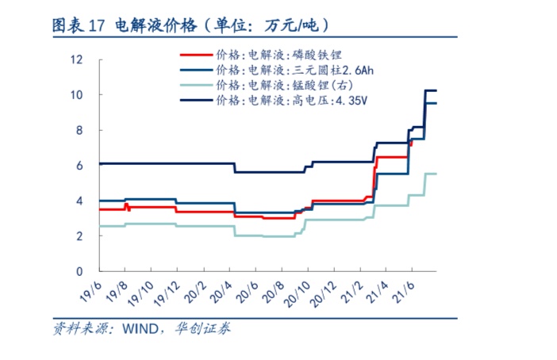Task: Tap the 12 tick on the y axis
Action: tap(77, 59)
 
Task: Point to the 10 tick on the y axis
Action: tap(77, 95)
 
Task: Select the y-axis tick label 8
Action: tap(80, 130)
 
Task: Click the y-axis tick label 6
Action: tap(80, 166)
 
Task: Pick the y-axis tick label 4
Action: tap(80, 201)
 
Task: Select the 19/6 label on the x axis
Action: tap(90, 291)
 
